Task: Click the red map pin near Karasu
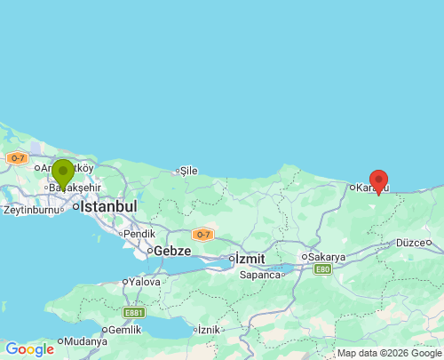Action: click(378, 181)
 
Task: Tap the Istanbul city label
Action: click(108, 206)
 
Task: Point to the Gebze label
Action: click(172, 252)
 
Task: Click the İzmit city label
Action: click(249, 259)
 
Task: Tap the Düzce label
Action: click(411, 242)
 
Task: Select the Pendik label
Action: click(140, 234)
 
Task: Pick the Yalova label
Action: click(145, 282)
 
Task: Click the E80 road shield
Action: click(321, 269)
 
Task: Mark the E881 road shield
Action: click(134, 312)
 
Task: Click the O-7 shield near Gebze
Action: click(202, 235)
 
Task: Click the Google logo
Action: click(29, 349)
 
